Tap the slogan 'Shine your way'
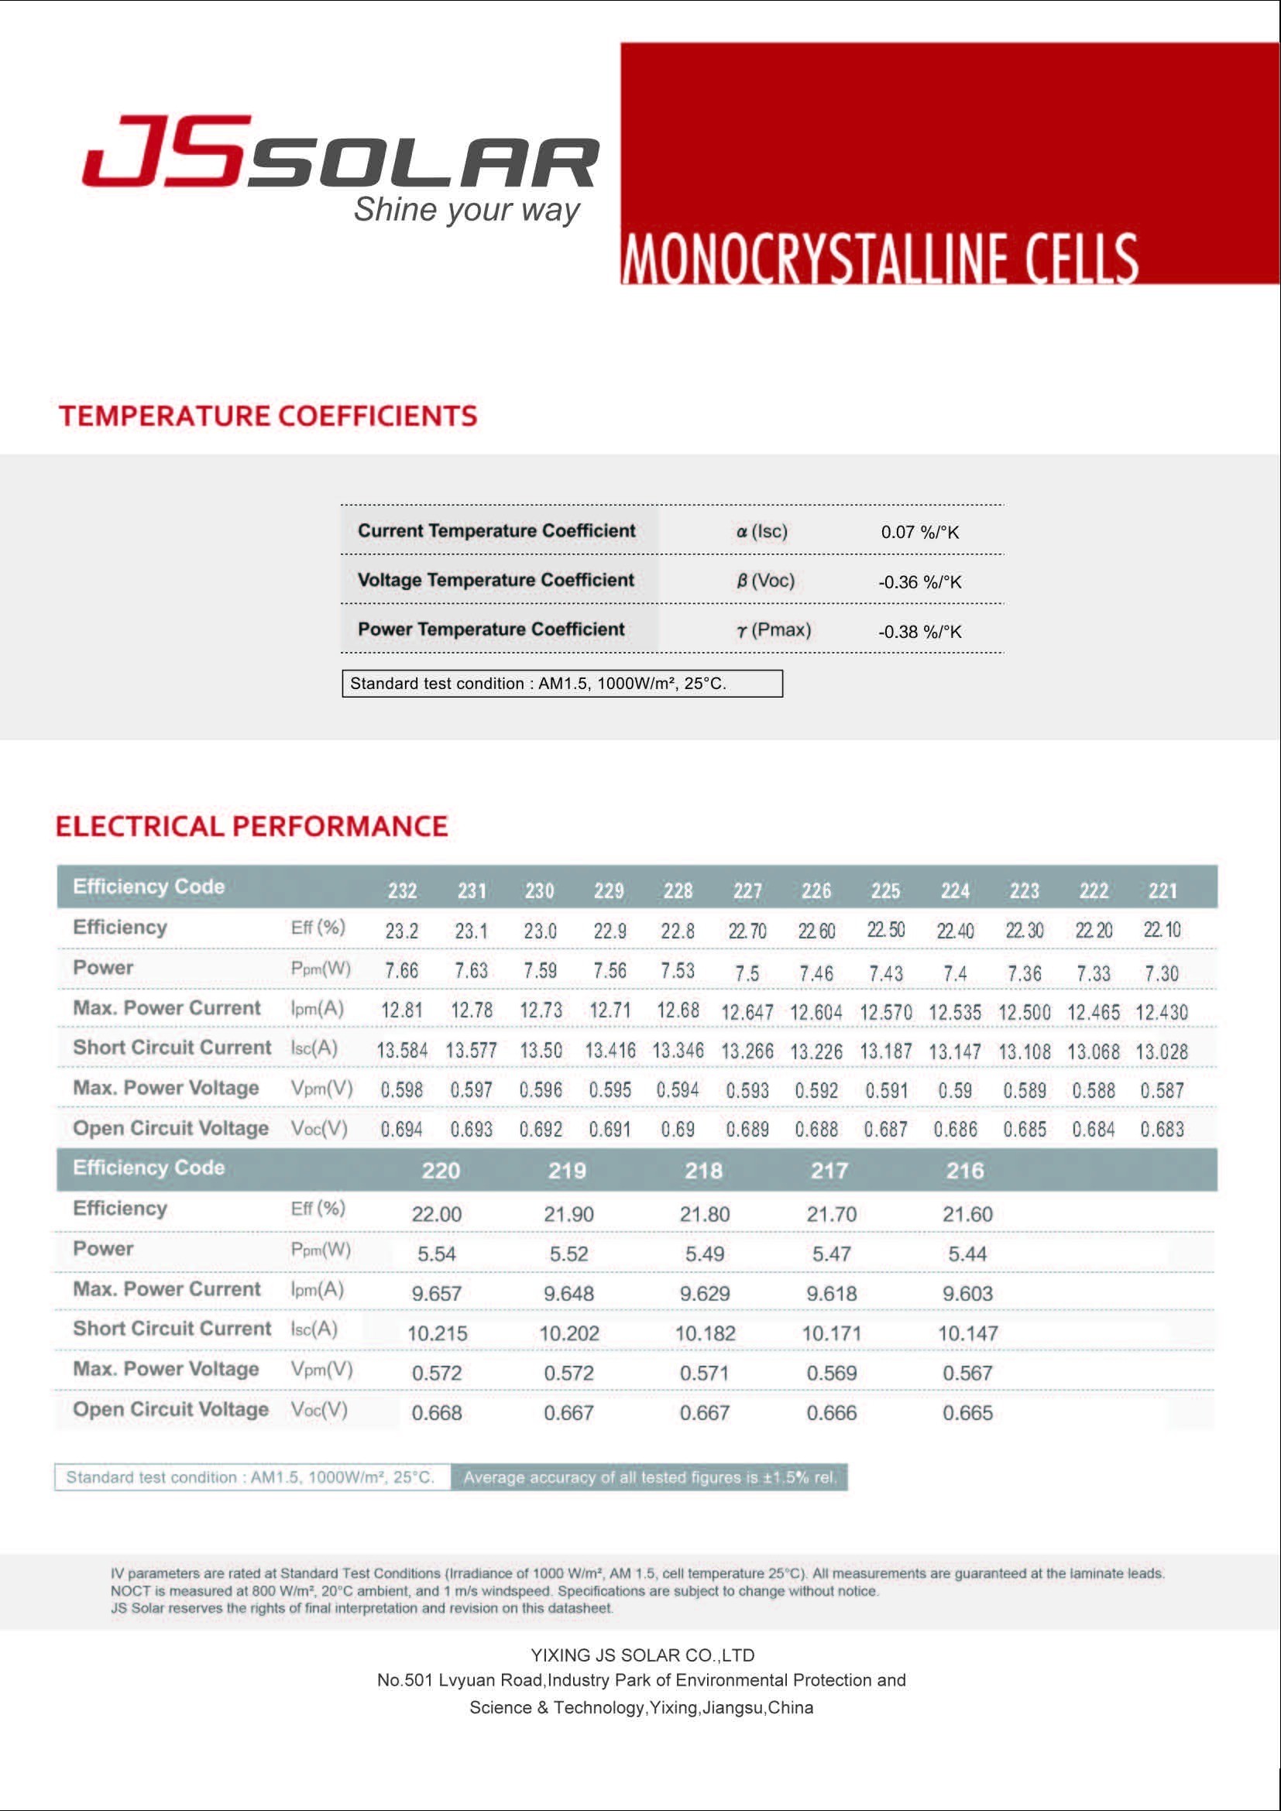pyautogui.click(x=466, y=210)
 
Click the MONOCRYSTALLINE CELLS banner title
pyautogui.click(x=879, y=258)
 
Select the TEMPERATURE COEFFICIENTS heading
pyautogui.click(x=268, y=416)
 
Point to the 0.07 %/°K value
pyautogui.click(x=920, y=532)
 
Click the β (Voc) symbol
pyautogui.click(x=765, y=581)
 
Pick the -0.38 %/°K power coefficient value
pyautogui.click(x=920, y=631)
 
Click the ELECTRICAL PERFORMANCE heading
pyautogui.click(x=252, y=826)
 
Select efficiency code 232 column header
pyautogui.click(x=402, y=890)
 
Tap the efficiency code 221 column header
pyautogui.click(x=1163, y=890)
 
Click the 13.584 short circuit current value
pyautogui.click(x=402, y=1051)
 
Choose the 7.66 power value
pyautogui.click(x=402, y=970)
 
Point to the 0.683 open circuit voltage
pyautogui.click(x=1163, y=1129)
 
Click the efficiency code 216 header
pyautogui.click(x=966, y=1171)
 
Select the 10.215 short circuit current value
pyautogui.click(x=437, y=1333)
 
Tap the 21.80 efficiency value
pyautogui.click(x=704, y=1214)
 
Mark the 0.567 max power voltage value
pyautogui.click(x=967, y=1373)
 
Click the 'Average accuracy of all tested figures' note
pyautogui.click(x=649, y=1477)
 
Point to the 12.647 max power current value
pyautogui.click(x=747, y=1011)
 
